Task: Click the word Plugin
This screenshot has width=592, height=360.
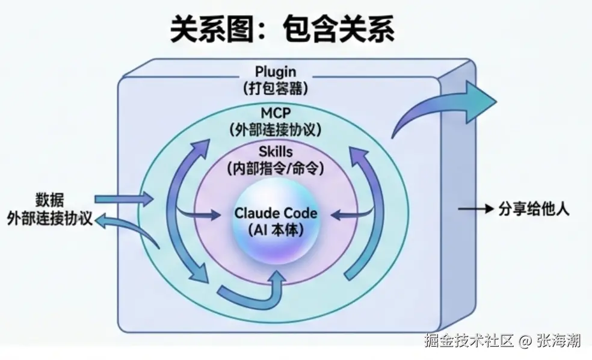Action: [x=276, y=73]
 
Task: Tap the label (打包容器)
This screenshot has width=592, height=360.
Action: [x=276, y=88]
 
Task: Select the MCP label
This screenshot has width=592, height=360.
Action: [x=276, y=113]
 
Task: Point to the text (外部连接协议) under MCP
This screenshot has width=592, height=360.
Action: [x=276, y=129]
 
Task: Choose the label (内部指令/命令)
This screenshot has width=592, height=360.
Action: [x=276, y=168]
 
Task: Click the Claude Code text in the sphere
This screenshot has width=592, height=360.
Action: [x=276, y=214]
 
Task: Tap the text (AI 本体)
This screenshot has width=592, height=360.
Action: [x=276, y=231]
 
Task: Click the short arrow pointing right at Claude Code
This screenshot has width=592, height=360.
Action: [x=202, y=214]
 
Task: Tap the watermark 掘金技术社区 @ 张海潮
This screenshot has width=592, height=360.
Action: [x=502, y=341]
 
